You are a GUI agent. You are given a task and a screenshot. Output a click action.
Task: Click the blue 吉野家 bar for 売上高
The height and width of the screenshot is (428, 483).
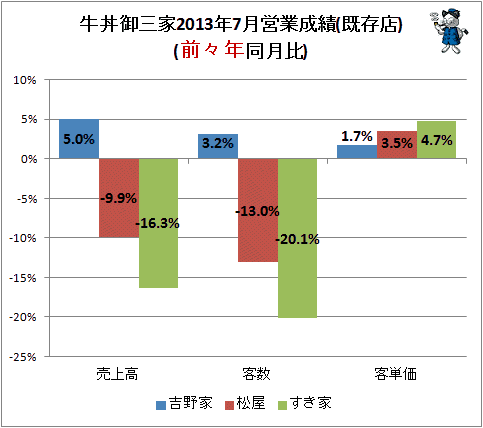pos(79,139)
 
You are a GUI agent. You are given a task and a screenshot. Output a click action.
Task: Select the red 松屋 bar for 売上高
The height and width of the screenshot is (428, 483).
pos(119,198)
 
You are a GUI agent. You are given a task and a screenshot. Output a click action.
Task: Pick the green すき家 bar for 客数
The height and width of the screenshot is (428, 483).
pos(297,238)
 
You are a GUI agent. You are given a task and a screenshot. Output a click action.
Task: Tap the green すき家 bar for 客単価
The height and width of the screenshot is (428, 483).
pos(436,140)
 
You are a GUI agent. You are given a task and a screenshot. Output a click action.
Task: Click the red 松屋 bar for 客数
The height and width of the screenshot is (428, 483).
pos(258,210)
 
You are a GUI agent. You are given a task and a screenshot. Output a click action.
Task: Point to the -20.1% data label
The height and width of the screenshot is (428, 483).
pos(297,239)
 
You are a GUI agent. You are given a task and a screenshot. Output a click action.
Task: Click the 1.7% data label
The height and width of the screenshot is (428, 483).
pos(357,136)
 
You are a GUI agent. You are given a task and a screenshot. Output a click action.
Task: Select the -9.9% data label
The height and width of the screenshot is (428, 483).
pos(119,198)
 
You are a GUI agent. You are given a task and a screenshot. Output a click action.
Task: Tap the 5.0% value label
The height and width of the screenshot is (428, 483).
pos(79,139)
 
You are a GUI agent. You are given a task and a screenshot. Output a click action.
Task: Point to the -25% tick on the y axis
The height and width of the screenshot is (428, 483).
pos(23,357)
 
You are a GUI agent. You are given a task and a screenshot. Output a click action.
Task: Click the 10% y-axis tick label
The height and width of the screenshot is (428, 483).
pos(25,80)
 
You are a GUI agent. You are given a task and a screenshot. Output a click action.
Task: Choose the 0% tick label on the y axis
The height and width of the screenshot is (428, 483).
pos(29,159)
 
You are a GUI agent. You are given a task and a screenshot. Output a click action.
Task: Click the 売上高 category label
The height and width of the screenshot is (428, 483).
pos(117,374)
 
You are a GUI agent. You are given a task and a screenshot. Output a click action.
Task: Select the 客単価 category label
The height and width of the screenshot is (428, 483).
pos(395,374)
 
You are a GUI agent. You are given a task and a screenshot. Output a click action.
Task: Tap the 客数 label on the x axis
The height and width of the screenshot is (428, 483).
pos(256,374)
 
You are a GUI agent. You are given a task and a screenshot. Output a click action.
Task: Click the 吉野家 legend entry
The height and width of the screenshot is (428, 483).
pos(184,403)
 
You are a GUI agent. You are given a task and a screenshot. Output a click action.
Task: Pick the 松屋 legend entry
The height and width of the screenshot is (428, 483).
pos(245,403)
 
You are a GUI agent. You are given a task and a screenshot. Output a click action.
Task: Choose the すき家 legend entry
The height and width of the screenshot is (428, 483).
pos(305,403)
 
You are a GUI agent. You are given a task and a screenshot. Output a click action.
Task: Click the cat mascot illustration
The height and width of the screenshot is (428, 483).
pos(450,31)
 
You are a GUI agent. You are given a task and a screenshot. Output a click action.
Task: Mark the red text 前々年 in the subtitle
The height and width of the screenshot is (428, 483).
pos(212,50)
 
